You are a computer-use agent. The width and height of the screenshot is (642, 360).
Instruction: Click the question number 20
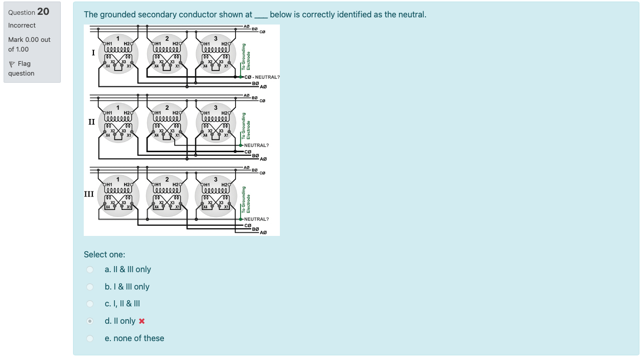point(43,12)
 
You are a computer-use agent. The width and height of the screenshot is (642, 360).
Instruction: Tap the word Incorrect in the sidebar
point(22,26)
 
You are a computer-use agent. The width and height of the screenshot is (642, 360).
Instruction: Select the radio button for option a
point(90,270)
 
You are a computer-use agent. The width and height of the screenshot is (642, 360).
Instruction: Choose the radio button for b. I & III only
point(90,287)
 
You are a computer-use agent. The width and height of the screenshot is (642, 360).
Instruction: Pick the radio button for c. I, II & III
point(90,304)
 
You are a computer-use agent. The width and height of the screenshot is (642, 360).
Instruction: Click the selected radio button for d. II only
point(90,321)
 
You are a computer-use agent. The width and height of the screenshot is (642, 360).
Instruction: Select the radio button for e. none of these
point(90,339)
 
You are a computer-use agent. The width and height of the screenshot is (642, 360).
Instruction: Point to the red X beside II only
point(142,321)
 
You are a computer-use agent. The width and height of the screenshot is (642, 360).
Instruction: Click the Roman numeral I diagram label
point(93,53)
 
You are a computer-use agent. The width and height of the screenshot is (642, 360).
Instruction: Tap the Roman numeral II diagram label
point(92,122)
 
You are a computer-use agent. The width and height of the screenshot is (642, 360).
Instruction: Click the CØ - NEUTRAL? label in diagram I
point(263,77)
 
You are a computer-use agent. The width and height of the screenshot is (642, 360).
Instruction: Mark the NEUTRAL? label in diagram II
point(256,146)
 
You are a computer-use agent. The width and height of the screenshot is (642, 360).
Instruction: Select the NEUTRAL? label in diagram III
point(256,219)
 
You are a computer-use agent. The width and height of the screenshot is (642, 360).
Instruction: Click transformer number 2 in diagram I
point(167,38)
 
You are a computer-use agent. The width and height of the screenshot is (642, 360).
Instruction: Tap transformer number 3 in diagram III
point(216,179)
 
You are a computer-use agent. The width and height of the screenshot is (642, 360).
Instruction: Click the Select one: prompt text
point(104,254)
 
